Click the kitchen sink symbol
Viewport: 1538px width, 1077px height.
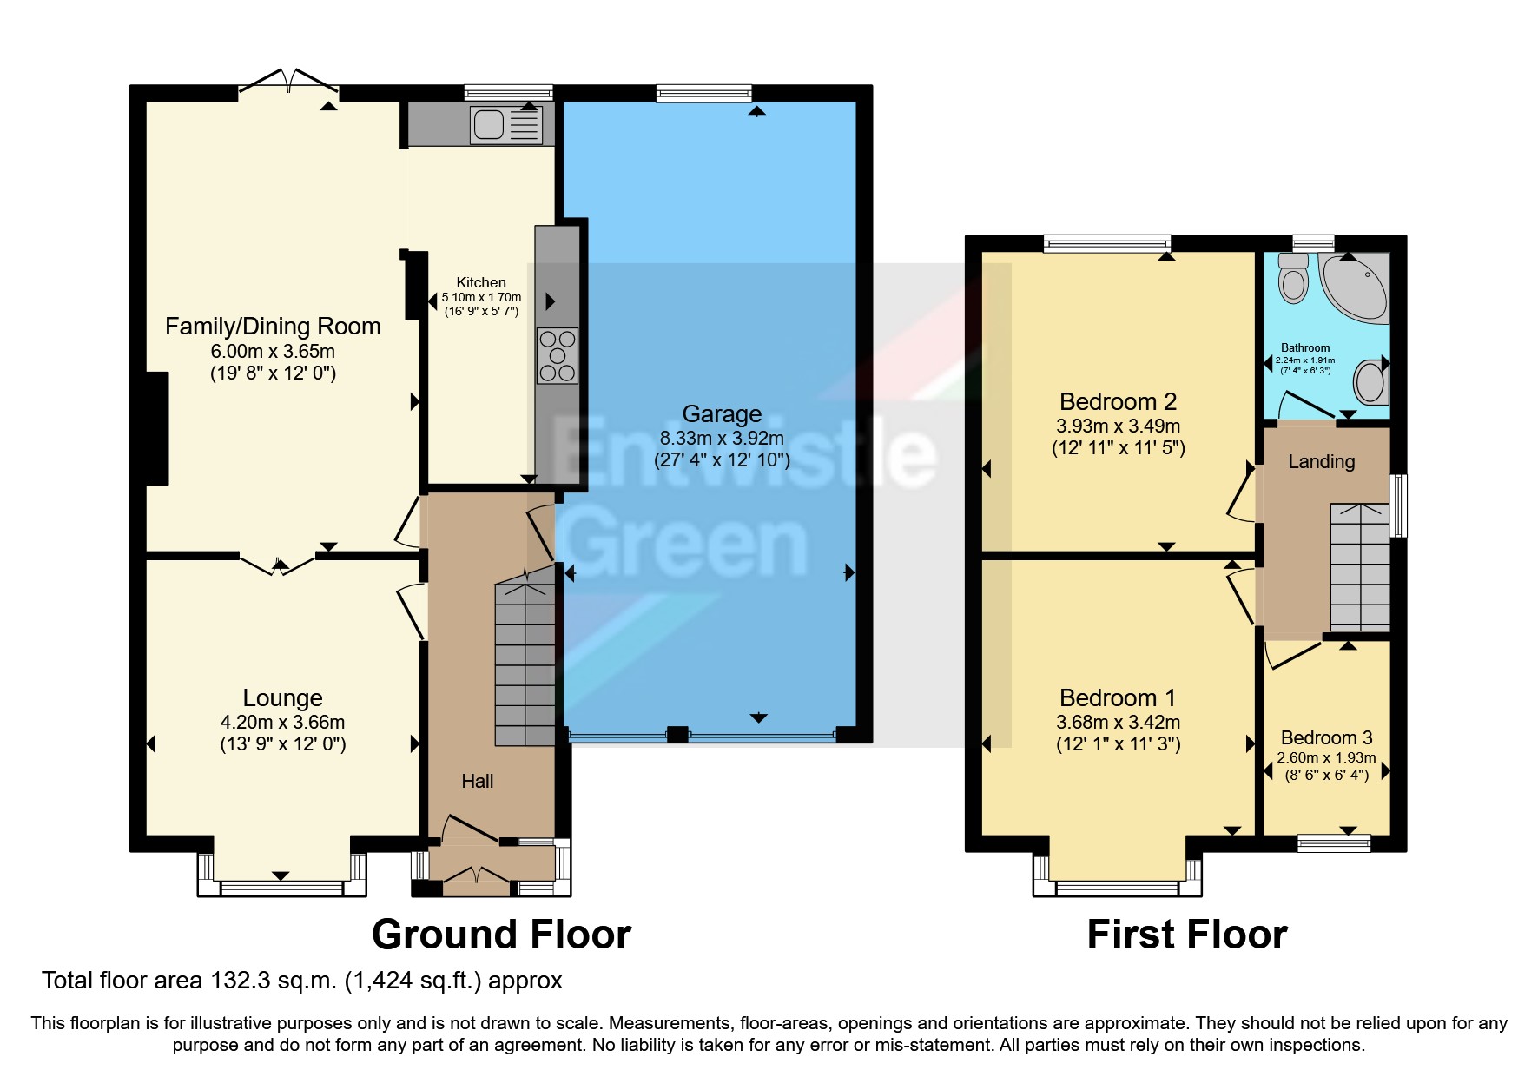[505, 124]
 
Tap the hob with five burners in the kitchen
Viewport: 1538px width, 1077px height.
[557, 354]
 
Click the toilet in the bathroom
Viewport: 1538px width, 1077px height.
[1294, 278]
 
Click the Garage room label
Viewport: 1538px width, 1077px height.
[722, 414]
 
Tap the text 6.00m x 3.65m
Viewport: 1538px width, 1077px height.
[273, 352]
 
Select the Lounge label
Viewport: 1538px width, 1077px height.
[282, 697]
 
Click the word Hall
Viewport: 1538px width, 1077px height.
[477, 782]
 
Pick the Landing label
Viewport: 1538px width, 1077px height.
[1321, 462]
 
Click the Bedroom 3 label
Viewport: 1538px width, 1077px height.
[1326, 737]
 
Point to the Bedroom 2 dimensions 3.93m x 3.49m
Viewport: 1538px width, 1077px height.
[1118, 426]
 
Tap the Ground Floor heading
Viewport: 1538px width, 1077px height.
[501, 935]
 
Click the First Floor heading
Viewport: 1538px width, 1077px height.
[1186, 935]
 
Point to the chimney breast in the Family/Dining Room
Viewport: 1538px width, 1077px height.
[157, 427]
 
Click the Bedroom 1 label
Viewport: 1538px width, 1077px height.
[1118, 697]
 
